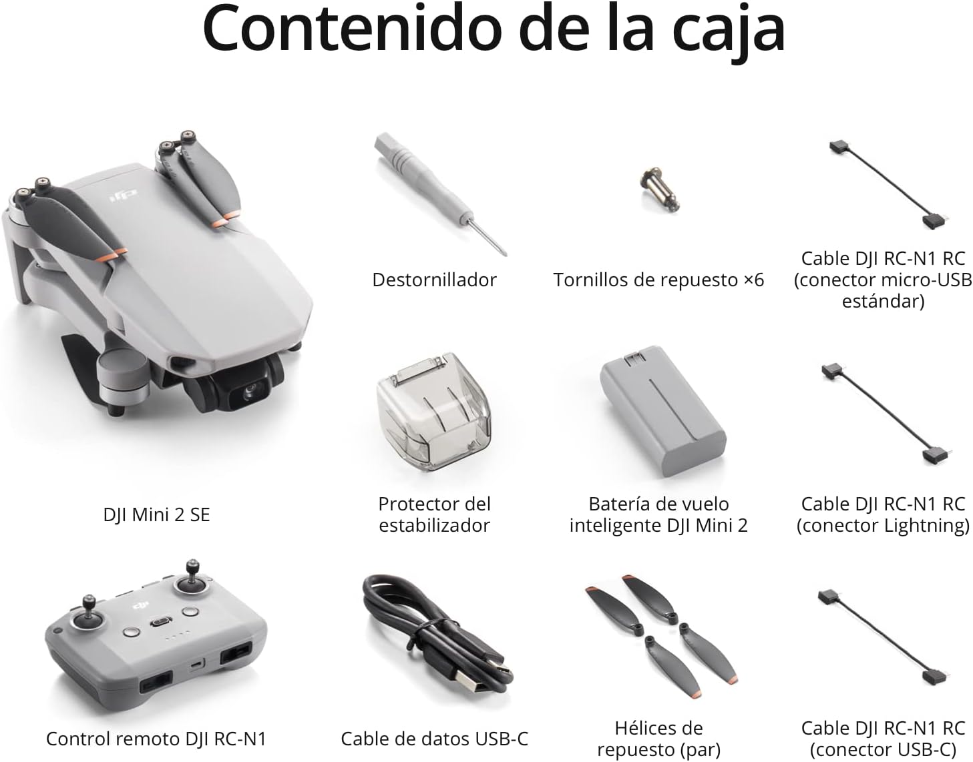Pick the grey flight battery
tap(662, 412)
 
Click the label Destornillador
tap(434, 280)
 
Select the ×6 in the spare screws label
tap(753, 280)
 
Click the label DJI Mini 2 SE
tap(156, 514)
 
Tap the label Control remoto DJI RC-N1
tap(156, 738)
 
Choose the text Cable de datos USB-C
tap(434, 738)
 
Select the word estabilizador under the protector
tap(434, 525)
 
